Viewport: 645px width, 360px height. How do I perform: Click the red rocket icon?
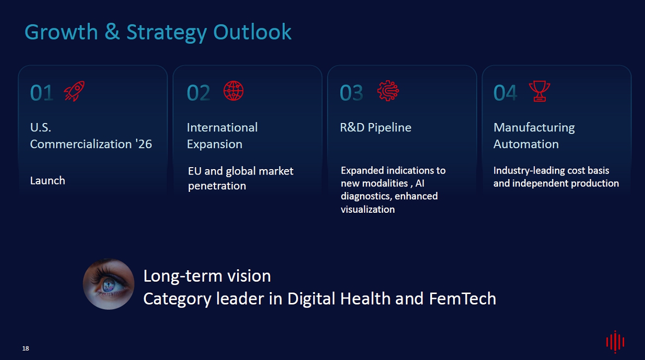pyautogui.click(x=74, y=91)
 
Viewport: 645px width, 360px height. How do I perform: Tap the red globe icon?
pyautogui.click(x=233, y=91)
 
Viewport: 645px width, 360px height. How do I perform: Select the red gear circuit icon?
pyautogui.click(x=388, y=91)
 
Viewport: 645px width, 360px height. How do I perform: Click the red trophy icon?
pyautogui.click(x=539, y=91)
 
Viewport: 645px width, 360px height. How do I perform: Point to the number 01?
pyautogui.click(x=42, y=93)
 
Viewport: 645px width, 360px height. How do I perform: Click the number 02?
pyautogui.click(x=198, y=93)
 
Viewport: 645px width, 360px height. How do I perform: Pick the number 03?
pyautogui.click(x=351, y=93)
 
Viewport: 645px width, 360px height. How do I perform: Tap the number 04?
pyautogui.click(x=505, y=93)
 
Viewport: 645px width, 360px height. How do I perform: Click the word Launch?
pyautogui.click(x=48, y=180)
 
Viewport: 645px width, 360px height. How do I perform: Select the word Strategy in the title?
pyautogui.click(x=167, y=32)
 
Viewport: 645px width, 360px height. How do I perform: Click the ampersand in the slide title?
pyautogui.click(x=112, y=31)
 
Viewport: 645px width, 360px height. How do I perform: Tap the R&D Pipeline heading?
pyautogui.click(x=376, y=127)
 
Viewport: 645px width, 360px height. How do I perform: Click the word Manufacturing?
pyautogui.click(x=534, y=128)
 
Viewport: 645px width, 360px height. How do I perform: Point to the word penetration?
pyautogui.click(x=217, y=186)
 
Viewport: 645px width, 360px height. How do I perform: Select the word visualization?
pyautogui.click(x=368, y=209)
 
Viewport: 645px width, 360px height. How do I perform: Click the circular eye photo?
pyautogui.click(x=109, y=284)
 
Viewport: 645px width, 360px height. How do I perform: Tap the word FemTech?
pyautogui.click(x=462, y=299)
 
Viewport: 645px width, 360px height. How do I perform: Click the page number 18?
pyautogui.click(x=26, y=349)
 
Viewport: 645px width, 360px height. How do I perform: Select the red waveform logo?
pyautogui.click(x=615, y=342)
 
